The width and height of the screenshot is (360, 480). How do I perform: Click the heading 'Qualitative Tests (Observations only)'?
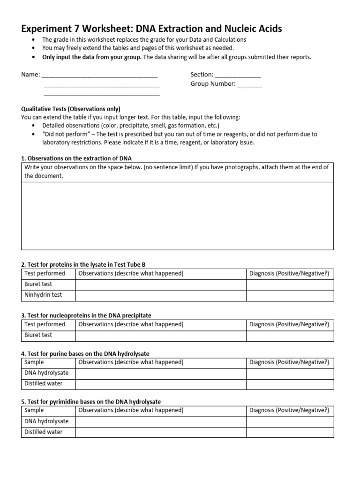click(x=71, y=108)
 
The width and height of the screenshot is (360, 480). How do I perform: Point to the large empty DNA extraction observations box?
click(x=177, y=216)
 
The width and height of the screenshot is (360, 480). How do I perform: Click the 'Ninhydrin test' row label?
click(x=43, y=295)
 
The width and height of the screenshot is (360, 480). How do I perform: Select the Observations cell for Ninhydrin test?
click(x=160, y=295)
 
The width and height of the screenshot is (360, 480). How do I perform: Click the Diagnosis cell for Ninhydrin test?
click(x=290, y=295)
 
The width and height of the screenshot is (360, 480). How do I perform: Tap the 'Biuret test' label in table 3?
click(x=38, y=335)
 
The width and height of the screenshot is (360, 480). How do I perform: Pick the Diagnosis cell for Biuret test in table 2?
click(x=290, y=284)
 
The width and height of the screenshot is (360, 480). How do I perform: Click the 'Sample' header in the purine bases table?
click(x=34, y=362)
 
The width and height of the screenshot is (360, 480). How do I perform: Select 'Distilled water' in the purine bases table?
click(x=43, y=383)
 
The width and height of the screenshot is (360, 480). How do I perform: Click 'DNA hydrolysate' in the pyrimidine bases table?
click(x=46, y=421)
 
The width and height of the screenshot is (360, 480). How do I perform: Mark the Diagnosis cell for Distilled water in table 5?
click(x=290, y=432)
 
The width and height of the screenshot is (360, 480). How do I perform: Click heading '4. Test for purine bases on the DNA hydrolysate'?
click(x=85, y=353)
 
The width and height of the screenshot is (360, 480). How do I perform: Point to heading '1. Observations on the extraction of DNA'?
click(x=80, y=158)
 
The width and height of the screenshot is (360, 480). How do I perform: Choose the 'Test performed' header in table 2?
click(x=45, y=273)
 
